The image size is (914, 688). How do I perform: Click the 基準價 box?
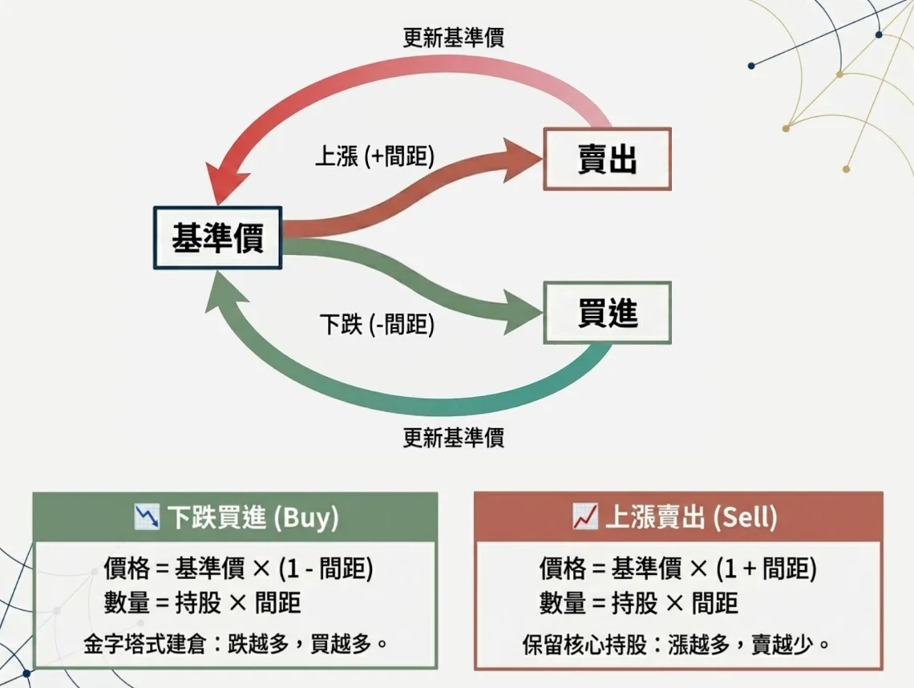217,237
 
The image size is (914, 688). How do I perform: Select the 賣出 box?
607,159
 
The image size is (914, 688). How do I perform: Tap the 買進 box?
607,313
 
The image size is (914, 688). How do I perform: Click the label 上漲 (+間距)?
374,156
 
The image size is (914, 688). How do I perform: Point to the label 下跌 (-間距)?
377,325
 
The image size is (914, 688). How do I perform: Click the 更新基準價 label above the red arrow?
453,38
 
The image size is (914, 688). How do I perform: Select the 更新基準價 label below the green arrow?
453,438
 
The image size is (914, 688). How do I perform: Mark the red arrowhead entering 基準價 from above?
220,187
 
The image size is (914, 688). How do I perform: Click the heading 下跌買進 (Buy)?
252,518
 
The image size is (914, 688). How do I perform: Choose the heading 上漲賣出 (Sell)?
690,518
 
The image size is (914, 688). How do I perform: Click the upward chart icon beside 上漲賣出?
584,518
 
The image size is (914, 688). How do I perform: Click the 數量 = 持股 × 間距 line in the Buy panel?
202,602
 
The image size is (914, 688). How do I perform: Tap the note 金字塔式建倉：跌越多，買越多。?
235,643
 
